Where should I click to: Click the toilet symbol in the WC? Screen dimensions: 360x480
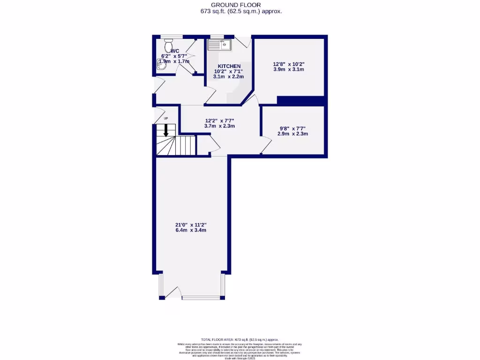[x=168, y=46]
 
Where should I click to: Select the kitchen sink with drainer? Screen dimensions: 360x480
[x=219, y=45]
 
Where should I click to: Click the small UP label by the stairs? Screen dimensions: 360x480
[x=165, y=119]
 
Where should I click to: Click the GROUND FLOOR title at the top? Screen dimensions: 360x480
[x=240, y=5]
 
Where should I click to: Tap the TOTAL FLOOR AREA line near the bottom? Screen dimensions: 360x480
[x=240, y=339]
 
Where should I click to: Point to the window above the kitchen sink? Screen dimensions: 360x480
[x=216, y=37]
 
